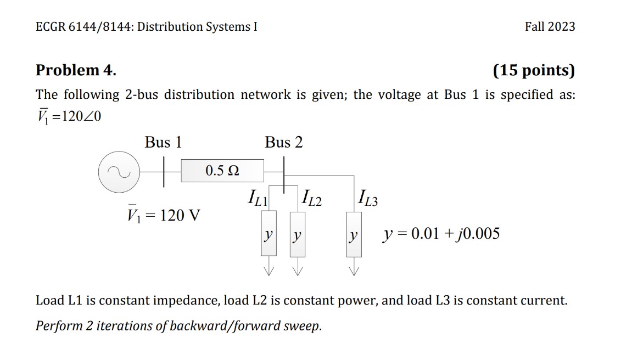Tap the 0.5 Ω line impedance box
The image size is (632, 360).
pos(222,171)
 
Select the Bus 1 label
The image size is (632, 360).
pos(163,143)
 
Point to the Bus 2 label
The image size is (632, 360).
pos(283,143)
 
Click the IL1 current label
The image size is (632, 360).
pos(258,198)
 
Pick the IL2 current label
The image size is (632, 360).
pos(311,198)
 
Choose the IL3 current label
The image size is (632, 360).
pos(367,198)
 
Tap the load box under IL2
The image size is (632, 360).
pos(297,236)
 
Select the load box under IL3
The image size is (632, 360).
pos(354,236)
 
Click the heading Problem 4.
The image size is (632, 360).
pos(76,70)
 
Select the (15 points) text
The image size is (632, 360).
pos(534,70)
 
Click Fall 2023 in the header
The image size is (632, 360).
pos(550,26)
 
